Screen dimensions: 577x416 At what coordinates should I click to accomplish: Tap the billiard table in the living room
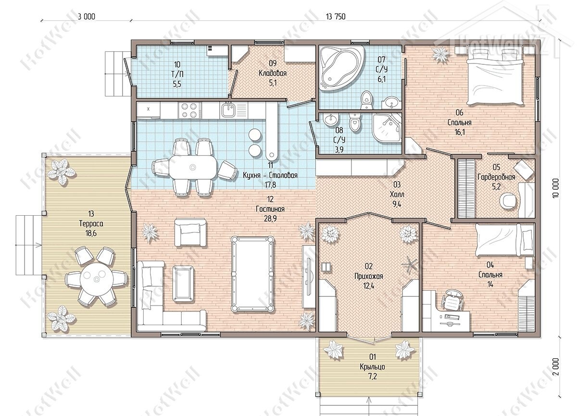pos(252,274)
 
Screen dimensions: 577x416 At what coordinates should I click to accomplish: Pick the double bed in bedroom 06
pos(495,77)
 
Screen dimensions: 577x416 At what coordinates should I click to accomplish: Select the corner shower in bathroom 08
pos(387,128)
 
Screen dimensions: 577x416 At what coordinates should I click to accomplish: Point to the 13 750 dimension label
pos(336,17)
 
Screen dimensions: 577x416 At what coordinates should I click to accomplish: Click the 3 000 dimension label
pos(87,17)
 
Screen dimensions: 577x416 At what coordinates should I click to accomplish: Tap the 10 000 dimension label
pos(556,188)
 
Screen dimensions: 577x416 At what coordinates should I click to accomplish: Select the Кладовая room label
pos(273,73)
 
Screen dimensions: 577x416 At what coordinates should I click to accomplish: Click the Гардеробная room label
pos(496,177)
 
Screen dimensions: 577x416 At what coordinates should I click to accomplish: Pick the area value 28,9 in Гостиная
pos(270,219)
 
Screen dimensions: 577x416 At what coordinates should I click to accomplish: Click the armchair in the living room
pos(190,232)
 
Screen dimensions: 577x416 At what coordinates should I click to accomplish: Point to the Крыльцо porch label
pos(373,367)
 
